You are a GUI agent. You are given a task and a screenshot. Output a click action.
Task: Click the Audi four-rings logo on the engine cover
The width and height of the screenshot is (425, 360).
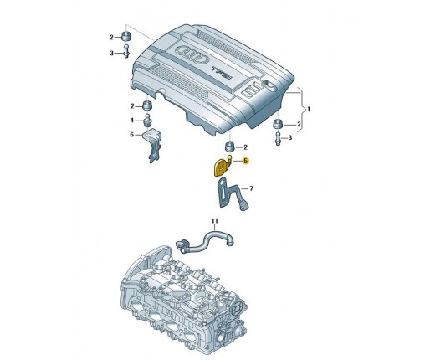pos(192,54)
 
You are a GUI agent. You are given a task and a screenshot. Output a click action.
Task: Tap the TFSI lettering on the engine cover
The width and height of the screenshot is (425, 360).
pos(223,73)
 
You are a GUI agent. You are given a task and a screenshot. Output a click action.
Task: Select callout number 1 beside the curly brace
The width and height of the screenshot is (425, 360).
pos(309,110)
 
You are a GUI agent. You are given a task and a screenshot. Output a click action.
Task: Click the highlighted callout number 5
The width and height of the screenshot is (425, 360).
pos(245,161)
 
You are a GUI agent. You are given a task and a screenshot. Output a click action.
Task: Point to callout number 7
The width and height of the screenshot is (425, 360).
pos(251,188)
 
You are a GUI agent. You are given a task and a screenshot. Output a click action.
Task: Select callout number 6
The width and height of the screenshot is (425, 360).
pos(132,135)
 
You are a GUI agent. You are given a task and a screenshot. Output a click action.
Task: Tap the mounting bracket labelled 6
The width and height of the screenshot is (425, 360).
pos(153,145)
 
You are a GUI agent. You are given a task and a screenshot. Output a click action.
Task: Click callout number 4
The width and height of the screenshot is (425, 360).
pos(132,121)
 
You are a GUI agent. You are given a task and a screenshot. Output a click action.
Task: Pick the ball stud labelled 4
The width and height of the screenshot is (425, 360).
pos(147,120)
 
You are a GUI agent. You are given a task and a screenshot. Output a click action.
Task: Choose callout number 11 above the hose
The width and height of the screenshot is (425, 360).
pos(214,221)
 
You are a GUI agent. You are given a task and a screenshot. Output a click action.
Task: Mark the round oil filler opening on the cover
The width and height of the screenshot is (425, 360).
pos(270,85)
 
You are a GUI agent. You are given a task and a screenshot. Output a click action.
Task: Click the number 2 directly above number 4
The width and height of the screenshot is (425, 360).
pos(132,106)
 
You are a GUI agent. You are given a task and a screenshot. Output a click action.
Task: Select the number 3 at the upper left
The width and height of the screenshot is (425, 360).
pos(112,53)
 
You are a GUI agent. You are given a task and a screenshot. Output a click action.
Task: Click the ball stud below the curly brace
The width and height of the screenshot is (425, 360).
pos(278,139)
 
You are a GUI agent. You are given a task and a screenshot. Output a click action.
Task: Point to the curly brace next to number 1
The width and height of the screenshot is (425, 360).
pos(300,110)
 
